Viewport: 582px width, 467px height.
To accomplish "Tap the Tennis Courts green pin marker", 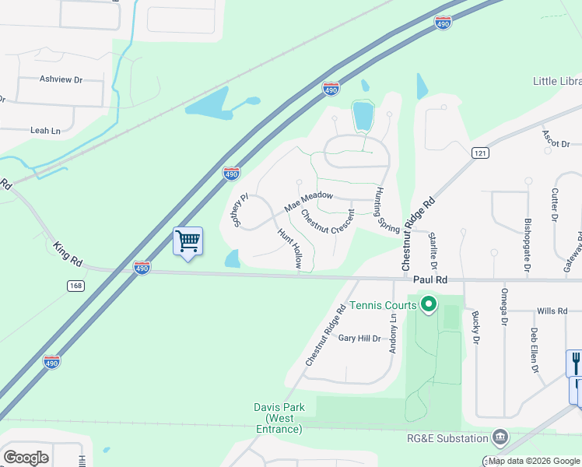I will [428, 304].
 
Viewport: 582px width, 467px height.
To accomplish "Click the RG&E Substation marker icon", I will [500, 437].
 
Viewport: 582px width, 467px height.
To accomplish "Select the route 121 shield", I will [479, 154].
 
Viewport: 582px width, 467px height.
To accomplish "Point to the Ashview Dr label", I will [61, 79].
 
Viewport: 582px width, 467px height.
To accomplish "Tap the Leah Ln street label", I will [45, 131].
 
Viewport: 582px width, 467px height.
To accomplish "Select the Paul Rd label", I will [430, 279].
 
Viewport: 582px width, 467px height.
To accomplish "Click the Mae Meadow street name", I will [308, 202].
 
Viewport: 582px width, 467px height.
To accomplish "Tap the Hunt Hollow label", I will [289, 248].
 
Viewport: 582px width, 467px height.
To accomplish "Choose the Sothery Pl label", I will [239, 210].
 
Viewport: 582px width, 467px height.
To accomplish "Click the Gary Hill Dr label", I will [359, 338].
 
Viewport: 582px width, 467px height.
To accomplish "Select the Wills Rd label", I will [552, 311].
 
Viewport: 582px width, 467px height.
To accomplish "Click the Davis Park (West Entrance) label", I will [279, 418].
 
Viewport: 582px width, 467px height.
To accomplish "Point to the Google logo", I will [26, 458].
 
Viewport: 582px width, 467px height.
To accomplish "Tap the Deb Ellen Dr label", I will [535, 349].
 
